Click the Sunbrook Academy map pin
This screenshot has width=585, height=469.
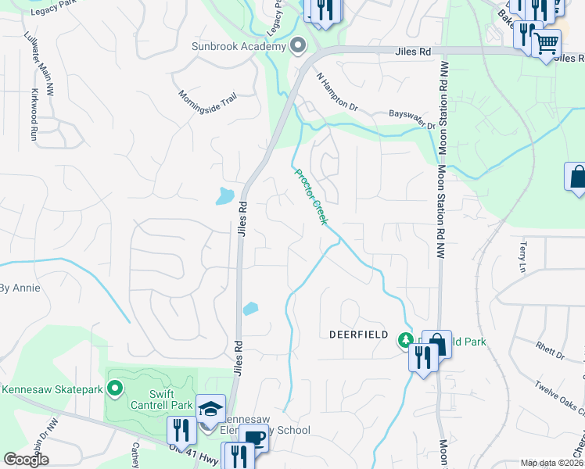(297, 46)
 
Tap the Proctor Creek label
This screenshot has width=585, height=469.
(310, 196)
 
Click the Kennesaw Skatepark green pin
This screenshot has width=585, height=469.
(115, 388)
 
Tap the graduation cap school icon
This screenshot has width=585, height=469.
(210, 409)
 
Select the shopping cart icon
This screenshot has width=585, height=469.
(546, 42)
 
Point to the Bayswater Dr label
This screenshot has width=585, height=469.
(412, 120)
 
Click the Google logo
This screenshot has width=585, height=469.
(26, 460)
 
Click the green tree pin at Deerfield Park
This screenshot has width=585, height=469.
(405, 340)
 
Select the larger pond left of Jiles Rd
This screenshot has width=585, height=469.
(225, 195)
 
